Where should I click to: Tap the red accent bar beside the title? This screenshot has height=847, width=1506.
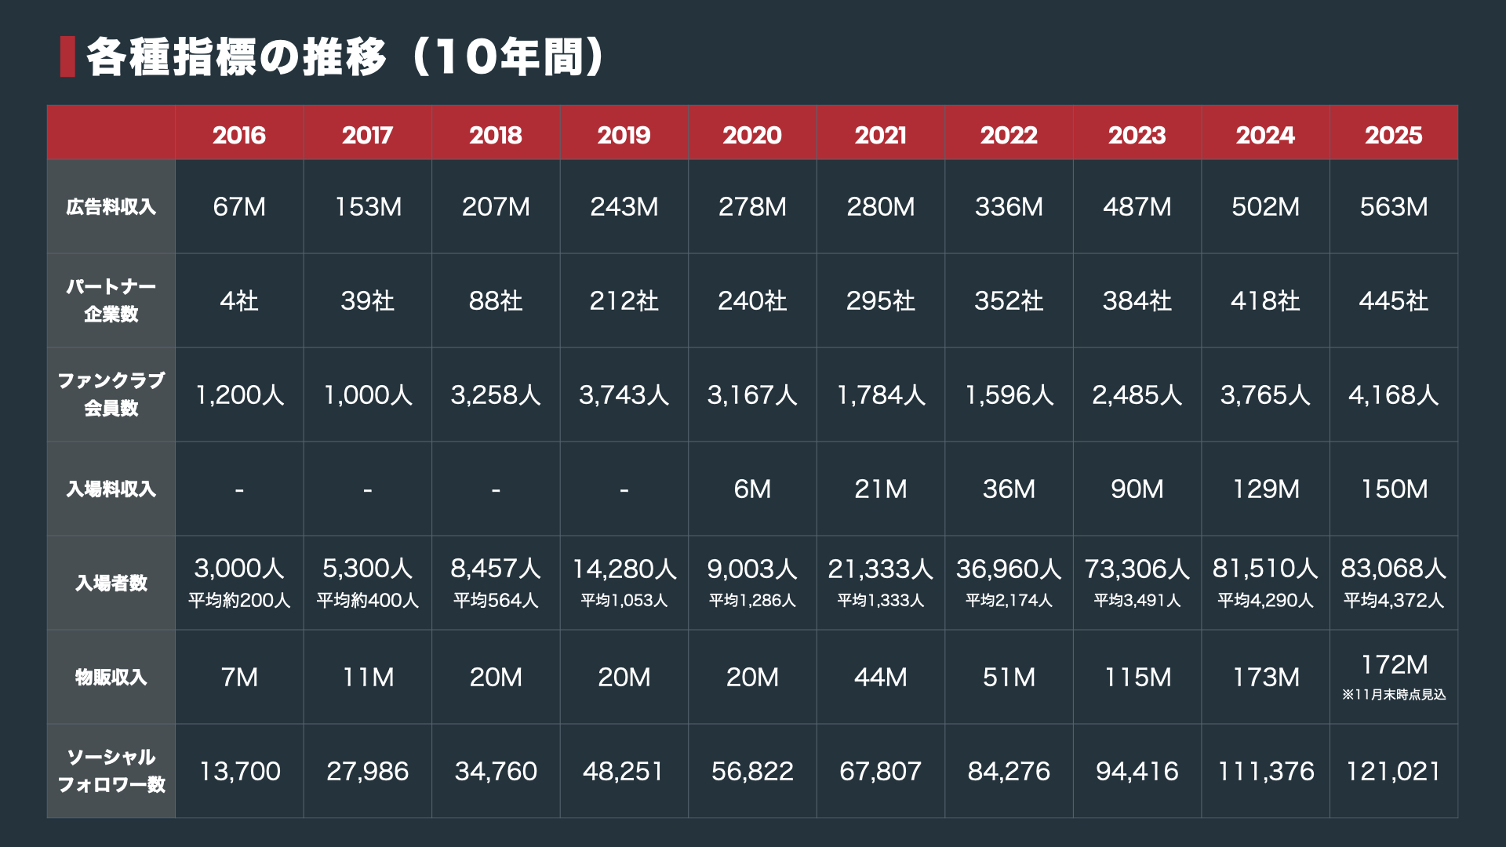tap(67, 56)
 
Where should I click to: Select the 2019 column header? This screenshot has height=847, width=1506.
tap(624, 135)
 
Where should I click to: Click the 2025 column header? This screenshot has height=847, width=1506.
tap(1393, 135)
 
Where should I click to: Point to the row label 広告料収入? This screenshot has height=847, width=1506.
tap(111, 207)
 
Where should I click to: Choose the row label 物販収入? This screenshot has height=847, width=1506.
tap(111, 677)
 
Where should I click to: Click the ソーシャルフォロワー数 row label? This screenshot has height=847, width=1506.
tap(111, 770)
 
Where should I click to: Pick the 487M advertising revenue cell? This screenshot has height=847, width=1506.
tap(1137, 207)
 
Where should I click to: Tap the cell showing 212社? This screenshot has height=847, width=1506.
tap(624, 301)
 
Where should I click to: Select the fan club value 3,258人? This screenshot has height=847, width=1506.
tap(496, 394)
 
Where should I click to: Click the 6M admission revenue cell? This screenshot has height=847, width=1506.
tap(752, 489)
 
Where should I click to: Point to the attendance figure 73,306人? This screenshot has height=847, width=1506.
tap(1137, 569)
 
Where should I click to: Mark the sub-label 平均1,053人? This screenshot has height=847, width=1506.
tap(624, 601)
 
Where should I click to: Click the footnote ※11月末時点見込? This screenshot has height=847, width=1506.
tap(1393, 695)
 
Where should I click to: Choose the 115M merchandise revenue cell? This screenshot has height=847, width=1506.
tap(1137, 677)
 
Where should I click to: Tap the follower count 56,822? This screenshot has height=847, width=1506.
tap(752, 772)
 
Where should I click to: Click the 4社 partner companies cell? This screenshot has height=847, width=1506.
tap(239, 301)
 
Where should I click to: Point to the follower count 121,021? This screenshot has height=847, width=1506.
tap(1393, 772)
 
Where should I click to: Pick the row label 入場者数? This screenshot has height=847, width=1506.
tap(111, 583)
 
